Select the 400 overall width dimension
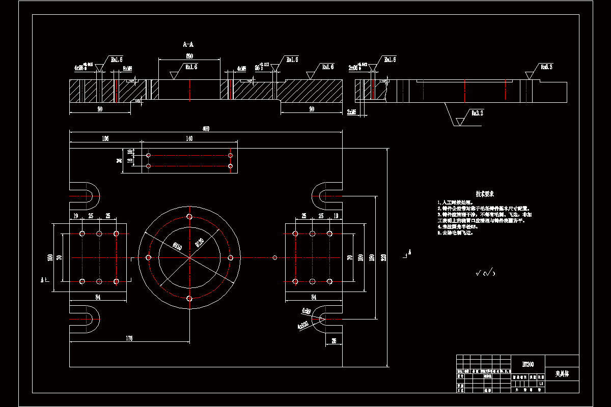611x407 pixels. click(206, 129)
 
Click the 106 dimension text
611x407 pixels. click(105, 138)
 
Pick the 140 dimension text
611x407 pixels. click(189, 138)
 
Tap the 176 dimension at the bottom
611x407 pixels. click(129, 338)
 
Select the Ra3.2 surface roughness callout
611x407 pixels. click(477, 113)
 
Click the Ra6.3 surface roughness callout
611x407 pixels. click(546, 67)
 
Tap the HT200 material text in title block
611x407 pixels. click(528, 364)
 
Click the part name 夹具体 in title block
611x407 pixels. click(562, 373)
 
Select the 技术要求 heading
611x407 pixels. click(485, 194)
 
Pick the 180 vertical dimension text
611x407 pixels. click(372, 257)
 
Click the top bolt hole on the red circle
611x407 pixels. click(189, 217)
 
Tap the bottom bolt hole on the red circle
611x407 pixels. click(189, 299)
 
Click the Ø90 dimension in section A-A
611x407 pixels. click(189, 55)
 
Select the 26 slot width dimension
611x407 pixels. click(334, 340)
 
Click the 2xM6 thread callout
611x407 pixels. click(352, 111)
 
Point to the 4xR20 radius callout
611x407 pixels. click(305, 324)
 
